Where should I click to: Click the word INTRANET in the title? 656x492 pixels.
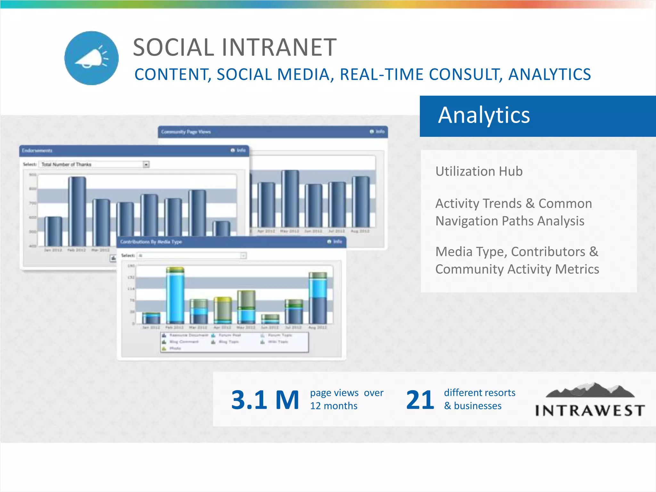pos(279,47)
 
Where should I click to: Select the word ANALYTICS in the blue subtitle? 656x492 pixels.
pos(549,75)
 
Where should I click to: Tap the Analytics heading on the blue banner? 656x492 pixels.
pos(484,115)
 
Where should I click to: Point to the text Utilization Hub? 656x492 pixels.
pos(479,171)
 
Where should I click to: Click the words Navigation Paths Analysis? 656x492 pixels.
pos(510,221)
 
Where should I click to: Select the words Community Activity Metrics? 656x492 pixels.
pos(517,269)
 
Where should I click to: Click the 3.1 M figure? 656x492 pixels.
pos(265,400)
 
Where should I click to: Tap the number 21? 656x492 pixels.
pos(420,400)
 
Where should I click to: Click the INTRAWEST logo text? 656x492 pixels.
pos(590,411)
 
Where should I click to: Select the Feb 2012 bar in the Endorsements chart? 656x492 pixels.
pos(77,211)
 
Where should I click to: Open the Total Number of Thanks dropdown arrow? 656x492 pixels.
pos(146,165)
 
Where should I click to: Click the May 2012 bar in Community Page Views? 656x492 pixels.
pos(290,199)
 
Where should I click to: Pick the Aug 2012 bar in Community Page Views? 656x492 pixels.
pos(361,202)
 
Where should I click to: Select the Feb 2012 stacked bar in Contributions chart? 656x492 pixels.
pos(175,295)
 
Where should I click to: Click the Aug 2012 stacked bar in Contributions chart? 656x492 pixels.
pos(318,298)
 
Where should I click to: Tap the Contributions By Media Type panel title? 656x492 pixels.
pos(151,242)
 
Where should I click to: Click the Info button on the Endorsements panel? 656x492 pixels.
pos(238,150)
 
